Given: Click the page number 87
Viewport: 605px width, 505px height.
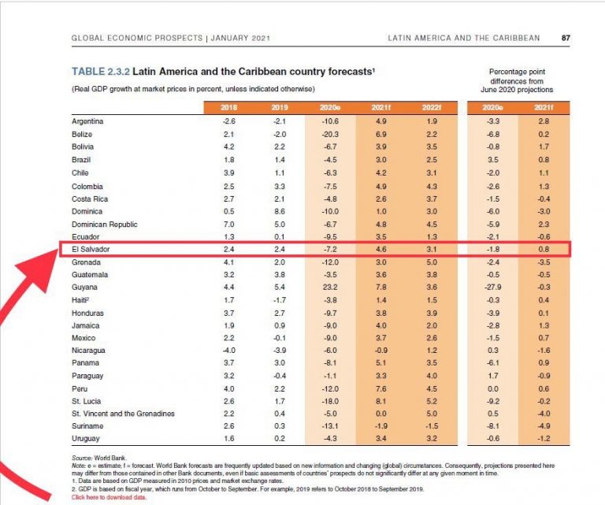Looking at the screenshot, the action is (566, 38).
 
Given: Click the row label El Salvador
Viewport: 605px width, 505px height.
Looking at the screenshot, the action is (91, 249).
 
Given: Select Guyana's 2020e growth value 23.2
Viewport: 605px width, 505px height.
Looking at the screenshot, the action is (330, 287).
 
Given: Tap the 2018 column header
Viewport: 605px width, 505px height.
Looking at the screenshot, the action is (228, 107).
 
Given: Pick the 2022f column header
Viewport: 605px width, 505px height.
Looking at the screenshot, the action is (432, 107).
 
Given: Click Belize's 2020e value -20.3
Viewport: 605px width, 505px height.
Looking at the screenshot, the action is (330, 134).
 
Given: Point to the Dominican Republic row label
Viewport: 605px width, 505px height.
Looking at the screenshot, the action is (105, 225).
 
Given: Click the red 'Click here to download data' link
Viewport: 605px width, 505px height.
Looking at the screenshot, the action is (109, 497).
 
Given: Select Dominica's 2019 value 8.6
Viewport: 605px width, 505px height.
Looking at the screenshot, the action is (280, 211).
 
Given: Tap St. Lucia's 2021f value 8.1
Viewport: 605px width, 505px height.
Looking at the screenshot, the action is (380, 401).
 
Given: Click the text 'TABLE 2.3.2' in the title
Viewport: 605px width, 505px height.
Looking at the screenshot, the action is (101, 72).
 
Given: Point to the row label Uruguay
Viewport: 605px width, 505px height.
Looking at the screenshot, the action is (86, 439).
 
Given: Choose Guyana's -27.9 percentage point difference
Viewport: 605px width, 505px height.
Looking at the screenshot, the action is (493, 287).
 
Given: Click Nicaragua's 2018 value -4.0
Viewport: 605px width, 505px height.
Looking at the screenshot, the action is (228, 351).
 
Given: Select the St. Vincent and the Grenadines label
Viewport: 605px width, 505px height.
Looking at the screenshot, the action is (123, 414).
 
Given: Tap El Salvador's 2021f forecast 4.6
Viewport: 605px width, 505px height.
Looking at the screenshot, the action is (380, 249).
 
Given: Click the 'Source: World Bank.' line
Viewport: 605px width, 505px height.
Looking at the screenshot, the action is (99, 458).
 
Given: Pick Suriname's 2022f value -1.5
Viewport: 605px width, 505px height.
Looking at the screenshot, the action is (432, 426).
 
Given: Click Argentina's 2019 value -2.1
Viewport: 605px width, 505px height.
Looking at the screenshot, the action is (280, 121).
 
